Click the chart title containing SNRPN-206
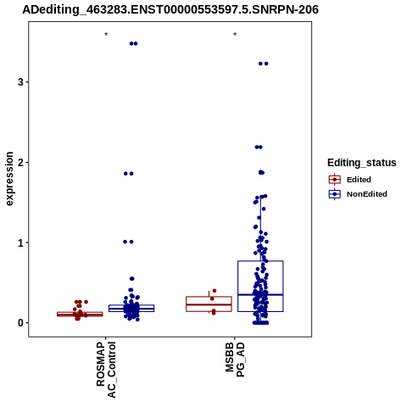(x=170, y=9)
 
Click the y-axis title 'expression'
(x=9, y=179)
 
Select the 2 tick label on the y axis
(x=20, y=162)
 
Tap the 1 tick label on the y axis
(x=20, y=243)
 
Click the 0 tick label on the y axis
(x=20, y=323)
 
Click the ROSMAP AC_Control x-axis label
(x=106, y=370)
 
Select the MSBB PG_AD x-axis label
(x=235, y=360)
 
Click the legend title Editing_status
(x=362, y=163)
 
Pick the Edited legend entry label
(x=359, y=180)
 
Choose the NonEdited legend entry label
(x=367, y=194)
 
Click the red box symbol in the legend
(x=335, y=180)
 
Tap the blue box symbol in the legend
(x=335, y=194)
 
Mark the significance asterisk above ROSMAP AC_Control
(x=106, y=35)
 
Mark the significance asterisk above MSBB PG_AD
(x=235, y=35)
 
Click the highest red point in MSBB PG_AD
(x=215, y=291)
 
